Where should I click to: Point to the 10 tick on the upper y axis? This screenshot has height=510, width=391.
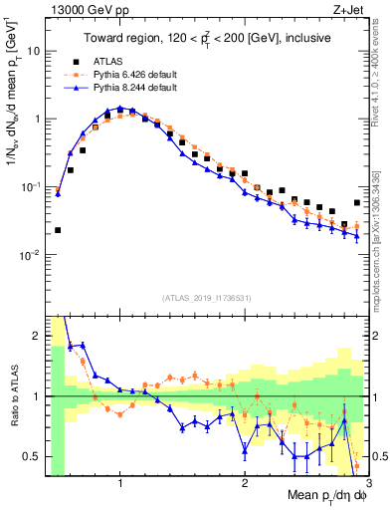coord(33,50)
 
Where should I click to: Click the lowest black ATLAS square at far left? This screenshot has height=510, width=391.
coord(58,230)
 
